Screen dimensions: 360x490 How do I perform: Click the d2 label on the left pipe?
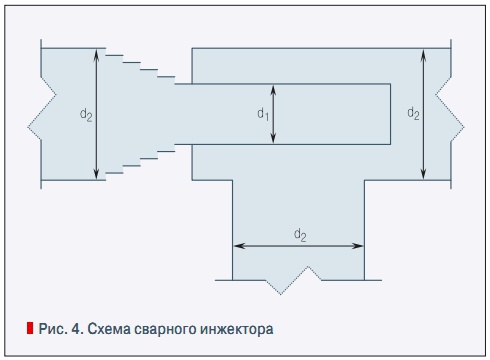pyautogui.click(x=86, y=115)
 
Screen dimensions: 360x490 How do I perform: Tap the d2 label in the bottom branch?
pyautogui.click(x=299, y=234)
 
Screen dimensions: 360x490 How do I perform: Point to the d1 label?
pyautogui.click(x=263, y=115)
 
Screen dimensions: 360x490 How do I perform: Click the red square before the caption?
pyautogui.click(x=30, y=327)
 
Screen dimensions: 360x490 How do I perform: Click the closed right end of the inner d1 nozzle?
pyautogui.click(x=391, y=114)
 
